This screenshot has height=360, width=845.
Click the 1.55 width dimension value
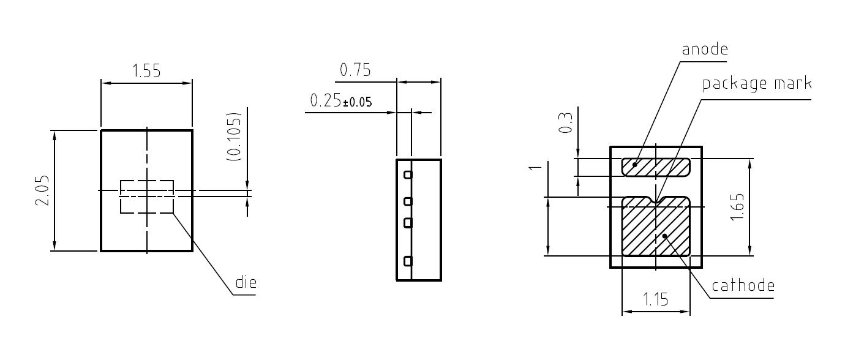point(146,71)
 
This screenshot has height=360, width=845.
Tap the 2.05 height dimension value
point(43,190)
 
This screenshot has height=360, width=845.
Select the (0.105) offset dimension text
point(234,137)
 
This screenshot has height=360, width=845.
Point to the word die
point(246,282)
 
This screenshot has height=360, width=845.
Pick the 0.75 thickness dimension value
point(355,70)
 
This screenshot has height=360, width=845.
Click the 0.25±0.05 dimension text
point(341,101)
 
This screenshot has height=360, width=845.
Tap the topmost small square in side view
point(408,174)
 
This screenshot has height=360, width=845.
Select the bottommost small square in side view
point(408,261)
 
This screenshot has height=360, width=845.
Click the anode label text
point(705,50)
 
